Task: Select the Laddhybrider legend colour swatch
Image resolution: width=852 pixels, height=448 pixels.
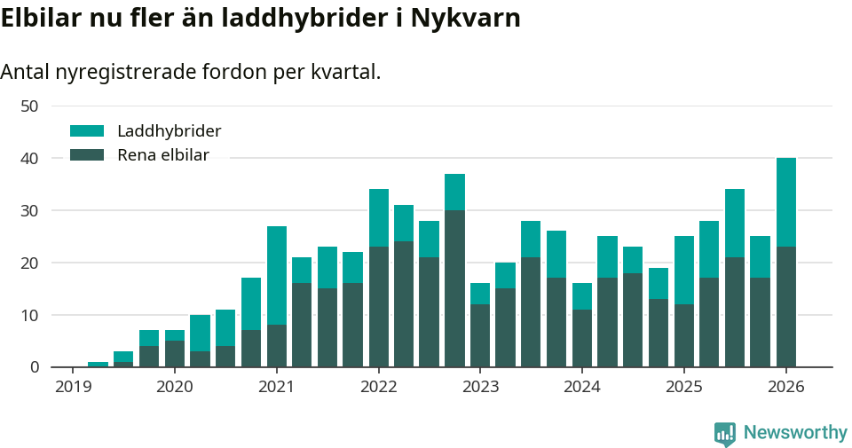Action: pyautogui.click(x=87, y=131)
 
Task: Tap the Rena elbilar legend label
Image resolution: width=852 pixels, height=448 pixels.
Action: pyautogui.click(x=163, y=155)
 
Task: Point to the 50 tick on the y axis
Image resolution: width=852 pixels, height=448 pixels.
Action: pyautogui.click(x=29, y=106)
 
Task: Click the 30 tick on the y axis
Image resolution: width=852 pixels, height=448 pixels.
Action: pyautogui.click(x=29, y=210)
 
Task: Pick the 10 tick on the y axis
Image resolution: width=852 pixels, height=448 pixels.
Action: pyautogui.click(x=29, y=315)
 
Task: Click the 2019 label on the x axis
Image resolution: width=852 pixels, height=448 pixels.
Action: pyautogui.click(x=73, y=387)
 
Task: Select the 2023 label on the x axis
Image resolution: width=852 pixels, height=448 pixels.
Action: pyautogui.click(x=480, y=387)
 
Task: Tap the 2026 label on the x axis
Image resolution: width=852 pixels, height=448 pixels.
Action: pyautogui.click(x=786, y=387)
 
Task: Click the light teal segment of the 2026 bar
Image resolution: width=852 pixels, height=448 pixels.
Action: pyautogui.click(x=786, y=202)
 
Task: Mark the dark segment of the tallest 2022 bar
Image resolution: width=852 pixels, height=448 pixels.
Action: pyautogui.click(x=455, y=288)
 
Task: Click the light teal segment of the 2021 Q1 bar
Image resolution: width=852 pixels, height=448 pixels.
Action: pyautogui.click(x=277, y=276)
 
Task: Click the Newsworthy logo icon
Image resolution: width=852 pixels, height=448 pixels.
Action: pyautogui.click(x=725, y=433)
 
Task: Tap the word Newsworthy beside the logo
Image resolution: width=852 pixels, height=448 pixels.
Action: pyautogui.click(x=795, y=433)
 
